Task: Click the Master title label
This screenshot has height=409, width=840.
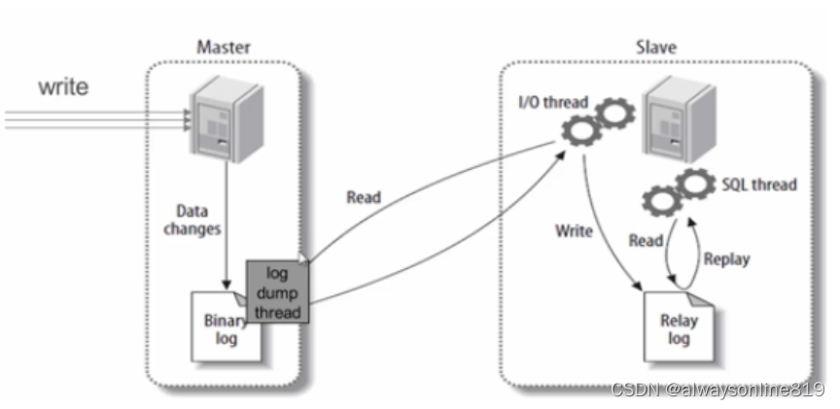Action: pyautogui.click(x=225, y=47)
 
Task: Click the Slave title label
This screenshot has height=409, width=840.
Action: pyautogui.click(x=656, y=47)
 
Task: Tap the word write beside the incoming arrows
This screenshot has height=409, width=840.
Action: pyautogui.click(x=63, y=87)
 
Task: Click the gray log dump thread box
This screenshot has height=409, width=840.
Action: pyautogui.click(x=276, y=290)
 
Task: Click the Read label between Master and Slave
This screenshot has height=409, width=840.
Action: pyautogui.click(x=364, y=197)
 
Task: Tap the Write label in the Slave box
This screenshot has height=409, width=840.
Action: pyautogui.click(x=574, y=232)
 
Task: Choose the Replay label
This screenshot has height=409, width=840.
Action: pyautogui.click(x=726, y=259)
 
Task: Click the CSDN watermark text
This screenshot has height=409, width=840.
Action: pyautogui.click(x=717, y=389)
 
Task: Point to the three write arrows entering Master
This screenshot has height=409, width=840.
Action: pyautogui.click(x=97, y=118)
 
